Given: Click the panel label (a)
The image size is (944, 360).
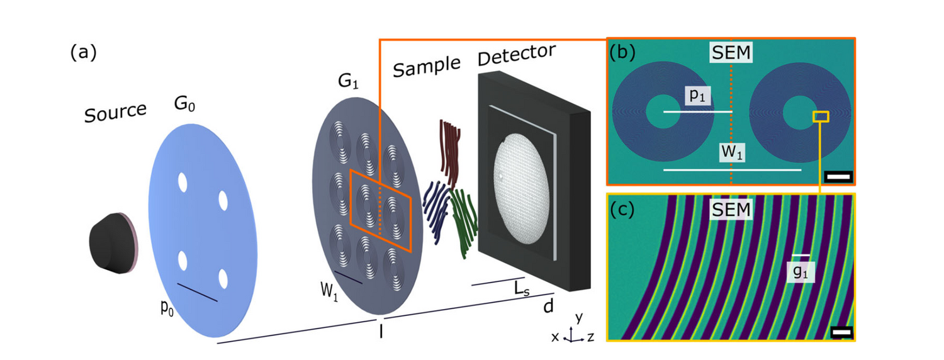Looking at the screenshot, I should pyautogui.click(x=84, y=53).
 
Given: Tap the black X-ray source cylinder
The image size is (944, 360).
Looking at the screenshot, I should pyautogui.click(x=112, y=242).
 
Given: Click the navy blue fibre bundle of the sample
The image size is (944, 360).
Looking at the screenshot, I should pyautogui.click(x=435, y=211).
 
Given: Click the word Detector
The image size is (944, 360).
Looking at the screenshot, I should pyautogui.click(x=516, y=55).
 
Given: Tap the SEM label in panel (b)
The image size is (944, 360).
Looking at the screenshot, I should pyautogui.click(x=730, y=52).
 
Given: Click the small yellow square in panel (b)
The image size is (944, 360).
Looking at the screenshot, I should pyautogui.click(x=821, y=116).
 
